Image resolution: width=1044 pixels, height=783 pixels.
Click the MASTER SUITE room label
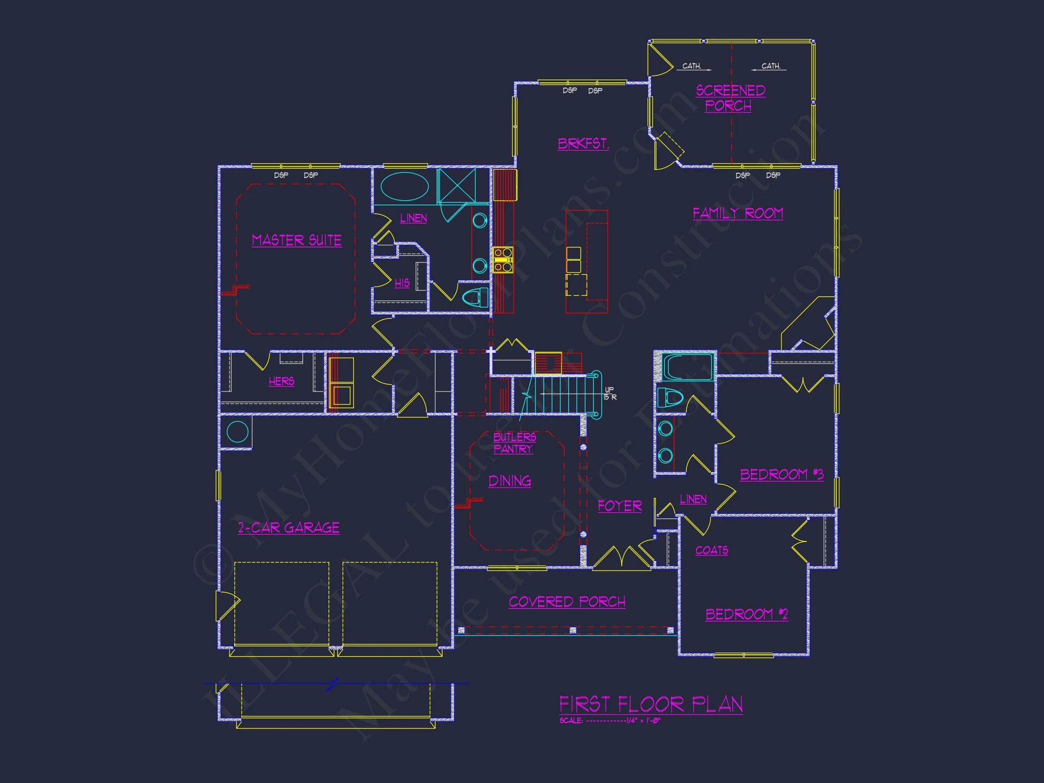coord(296,240)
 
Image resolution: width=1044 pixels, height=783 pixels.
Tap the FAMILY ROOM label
coord(737,213)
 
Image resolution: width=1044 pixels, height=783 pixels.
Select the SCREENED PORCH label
coord(730,98)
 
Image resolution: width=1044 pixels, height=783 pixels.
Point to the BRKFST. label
coord(583,144)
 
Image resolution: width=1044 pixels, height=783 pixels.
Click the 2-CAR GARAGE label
coord(288,527)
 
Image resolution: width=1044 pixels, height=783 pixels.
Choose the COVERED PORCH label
coord(567,602)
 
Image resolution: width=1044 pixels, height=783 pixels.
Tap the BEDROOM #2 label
coord(746,614)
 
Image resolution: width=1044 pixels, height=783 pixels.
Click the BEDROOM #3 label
coord(781,474)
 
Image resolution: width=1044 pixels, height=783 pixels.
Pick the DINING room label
coord(509,481)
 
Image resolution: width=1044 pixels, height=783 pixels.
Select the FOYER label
coord(619,506)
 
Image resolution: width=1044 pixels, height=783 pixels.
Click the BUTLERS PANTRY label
coord(514,443)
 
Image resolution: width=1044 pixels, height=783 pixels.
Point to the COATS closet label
coord(711,550)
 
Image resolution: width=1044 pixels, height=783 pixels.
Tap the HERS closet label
coord(281,382)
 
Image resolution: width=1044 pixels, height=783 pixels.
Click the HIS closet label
coord(401,283)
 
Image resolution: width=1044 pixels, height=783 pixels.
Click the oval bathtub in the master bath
coord(404,187)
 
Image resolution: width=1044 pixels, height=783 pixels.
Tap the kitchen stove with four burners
coord(503,260)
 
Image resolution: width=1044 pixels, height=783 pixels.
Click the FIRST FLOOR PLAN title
coord(650,705)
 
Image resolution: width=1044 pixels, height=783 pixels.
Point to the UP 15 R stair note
coord(610,393)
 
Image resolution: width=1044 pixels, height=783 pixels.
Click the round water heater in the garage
coord(237,432)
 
